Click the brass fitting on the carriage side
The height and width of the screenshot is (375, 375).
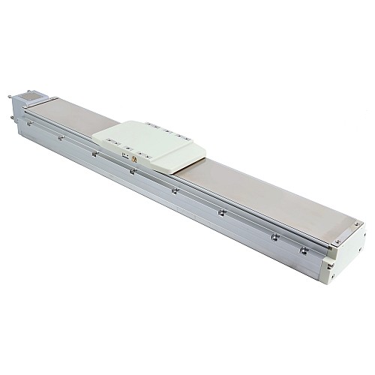pyautogui.click(x=134, y=159)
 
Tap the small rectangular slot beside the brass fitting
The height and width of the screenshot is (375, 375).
pyautogui.click(x=124, y=156)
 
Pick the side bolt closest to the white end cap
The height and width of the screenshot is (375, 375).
pyautogui.click(x=304, y=250)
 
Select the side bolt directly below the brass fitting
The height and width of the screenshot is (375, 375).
pyautogui.click(x=132, y=171)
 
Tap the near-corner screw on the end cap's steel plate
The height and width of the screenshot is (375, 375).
pyautogui.click(x=337, y=241)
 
